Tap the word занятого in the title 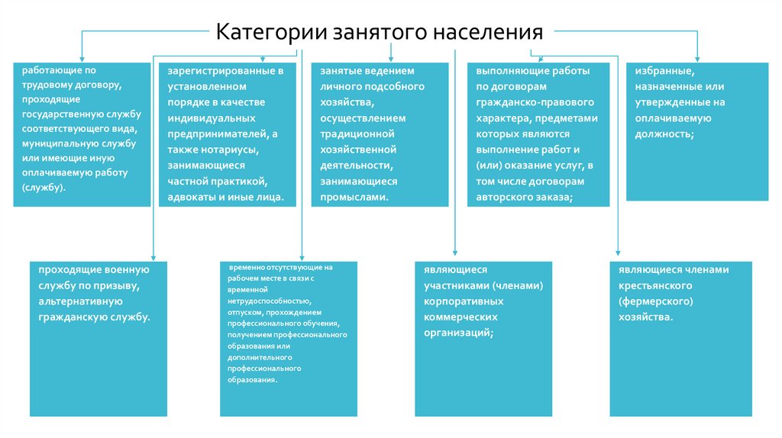click(x=379, y=33)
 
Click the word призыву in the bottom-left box click(x=117, y=285)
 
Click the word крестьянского click(x=655, y=285)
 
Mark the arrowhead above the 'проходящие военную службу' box click(x=153, y=257)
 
